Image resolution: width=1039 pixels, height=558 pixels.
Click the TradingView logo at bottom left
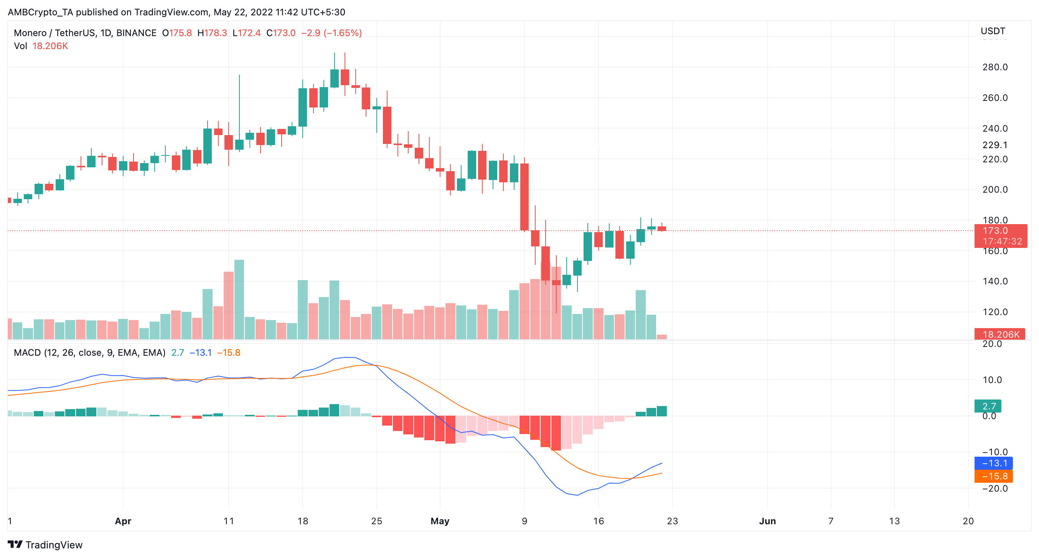point(45,545)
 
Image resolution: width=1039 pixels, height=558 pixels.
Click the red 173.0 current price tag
point(995,230)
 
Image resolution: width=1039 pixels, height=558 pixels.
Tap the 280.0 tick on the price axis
point(994,67)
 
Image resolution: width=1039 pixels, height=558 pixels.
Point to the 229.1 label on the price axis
point(994,145)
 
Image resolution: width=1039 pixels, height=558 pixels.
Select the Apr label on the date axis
point(123,521)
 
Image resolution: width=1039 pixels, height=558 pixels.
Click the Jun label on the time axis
point(767,521)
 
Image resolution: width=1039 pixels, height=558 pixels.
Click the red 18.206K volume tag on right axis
point(1000,334)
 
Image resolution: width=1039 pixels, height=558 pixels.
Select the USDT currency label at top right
point(993,31)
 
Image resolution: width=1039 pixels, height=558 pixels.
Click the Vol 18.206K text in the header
point(41,46)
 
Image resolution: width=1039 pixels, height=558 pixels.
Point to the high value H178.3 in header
point(212,33)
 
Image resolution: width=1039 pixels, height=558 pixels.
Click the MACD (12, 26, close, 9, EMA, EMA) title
point(89,353)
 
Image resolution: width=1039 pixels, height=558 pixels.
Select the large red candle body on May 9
point(524,196)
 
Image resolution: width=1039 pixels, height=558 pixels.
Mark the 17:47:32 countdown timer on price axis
point(1002,241)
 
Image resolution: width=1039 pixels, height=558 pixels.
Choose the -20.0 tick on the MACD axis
point(994,488)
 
